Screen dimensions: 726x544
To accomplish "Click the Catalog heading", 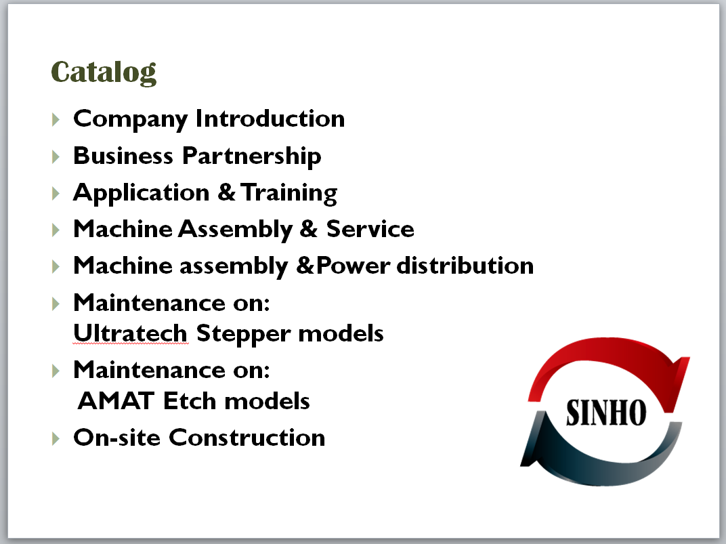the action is click(104, 72).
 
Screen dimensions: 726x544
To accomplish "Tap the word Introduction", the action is click(270, 119).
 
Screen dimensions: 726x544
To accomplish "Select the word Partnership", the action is click(251, 156).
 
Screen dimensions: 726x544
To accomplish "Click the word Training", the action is click(289, 193).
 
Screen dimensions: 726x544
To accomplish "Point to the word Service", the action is click(370, 229).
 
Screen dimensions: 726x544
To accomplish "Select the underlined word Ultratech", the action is click(130, 333).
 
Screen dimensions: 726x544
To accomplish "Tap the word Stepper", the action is click(244, 334).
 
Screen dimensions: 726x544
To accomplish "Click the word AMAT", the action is click(116, 400).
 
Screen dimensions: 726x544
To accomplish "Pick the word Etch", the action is click(190, 400).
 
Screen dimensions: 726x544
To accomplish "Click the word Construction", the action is click(247, 438).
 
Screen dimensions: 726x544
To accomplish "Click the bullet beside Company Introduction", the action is click(56, 119).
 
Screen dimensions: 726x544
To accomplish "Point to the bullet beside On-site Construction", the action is click(56, 438).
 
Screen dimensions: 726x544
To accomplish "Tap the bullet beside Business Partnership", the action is click(56, 156).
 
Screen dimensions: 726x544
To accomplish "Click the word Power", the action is click(354, 266).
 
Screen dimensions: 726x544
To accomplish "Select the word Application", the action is click(142, 193).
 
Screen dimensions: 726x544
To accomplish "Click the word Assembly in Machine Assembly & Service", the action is click(236, 230).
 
